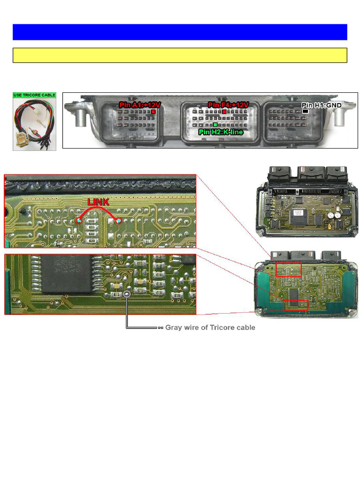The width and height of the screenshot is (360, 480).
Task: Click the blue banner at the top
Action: (x=180, y=32)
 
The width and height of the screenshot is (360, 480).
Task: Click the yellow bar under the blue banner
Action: (x=180, y=55)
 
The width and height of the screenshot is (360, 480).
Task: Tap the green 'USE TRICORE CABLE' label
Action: (x=34, y=95)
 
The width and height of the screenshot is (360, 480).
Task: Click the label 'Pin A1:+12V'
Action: (x=140, y=105)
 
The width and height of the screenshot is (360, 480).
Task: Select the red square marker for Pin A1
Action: (x=153, y=112)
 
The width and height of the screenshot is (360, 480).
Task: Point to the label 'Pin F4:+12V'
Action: (x=228, y=105)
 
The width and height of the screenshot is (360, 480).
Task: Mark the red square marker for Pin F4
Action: (x=225, y=112)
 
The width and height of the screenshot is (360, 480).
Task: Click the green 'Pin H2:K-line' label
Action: (x=221, y=132)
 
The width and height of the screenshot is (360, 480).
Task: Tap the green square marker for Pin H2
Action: (x=215, y=125)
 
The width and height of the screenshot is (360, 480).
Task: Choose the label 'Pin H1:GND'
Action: (x=321, y=105)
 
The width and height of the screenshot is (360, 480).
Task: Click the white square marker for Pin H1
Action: (x=305, y=112)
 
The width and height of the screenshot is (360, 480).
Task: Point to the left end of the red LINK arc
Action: (x=79, y=220)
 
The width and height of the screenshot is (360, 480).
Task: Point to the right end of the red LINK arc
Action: (x=119, y=221)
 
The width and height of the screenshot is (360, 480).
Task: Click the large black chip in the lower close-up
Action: (x=65, y=274)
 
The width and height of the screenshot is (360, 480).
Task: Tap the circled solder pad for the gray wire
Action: (x=127, y=294)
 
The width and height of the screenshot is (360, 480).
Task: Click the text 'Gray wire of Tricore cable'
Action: (x=210, y=328)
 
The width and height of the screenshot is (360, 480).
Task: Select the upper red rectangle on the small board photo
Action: (x=288, y=270)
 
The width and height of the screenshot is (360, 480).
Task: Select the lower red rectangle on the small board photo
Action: (x=296, y=305)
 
